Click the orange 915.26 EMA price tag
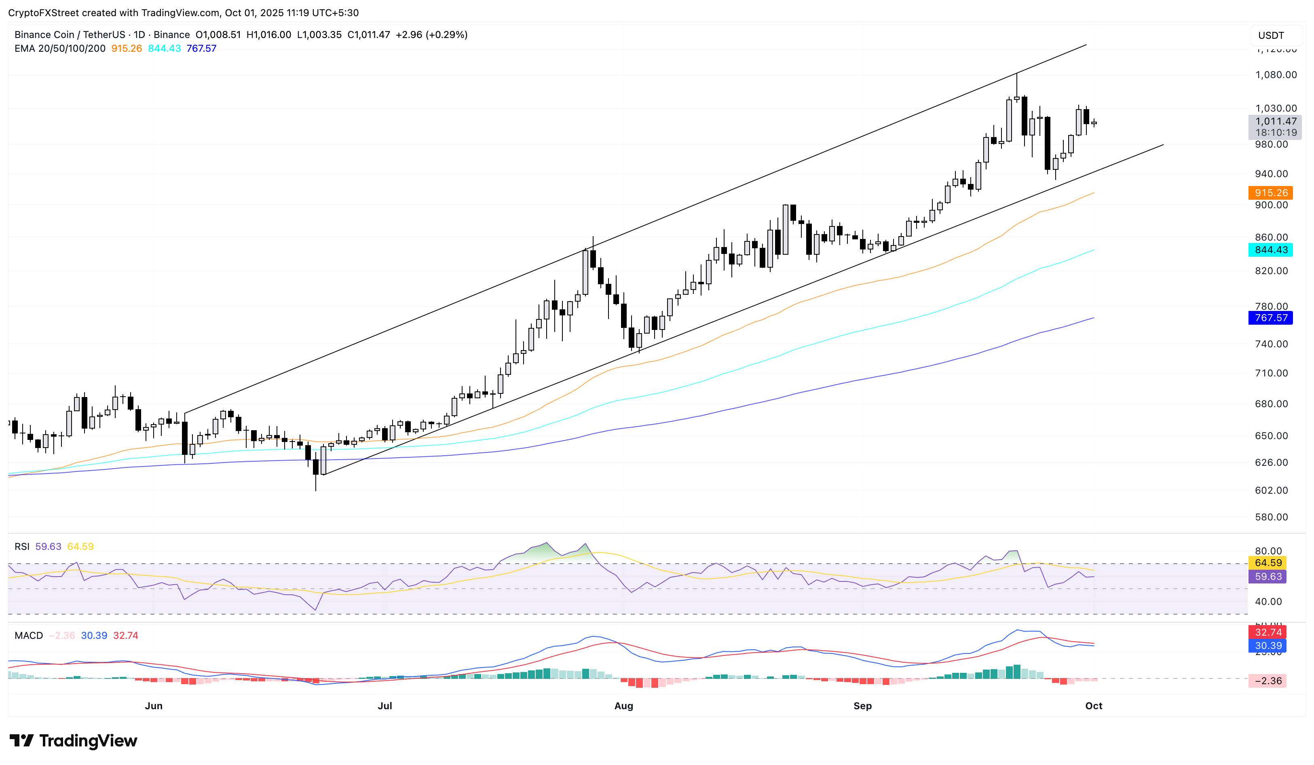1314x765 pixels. (x=1270, y=193)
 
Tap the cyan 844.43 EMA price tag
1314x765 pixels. (x=1270, y=250)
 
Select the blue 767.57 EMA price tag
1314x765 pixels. (x=1270, y=317)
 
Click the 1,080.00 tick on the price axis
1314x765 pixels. (x=1276, y=74)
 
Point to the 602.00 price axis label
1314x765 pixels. (x=1271, y=490)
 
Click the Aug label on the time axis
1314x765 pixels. (x=623, y=706)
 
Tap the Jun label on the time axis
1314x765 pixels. (x=153, y=706)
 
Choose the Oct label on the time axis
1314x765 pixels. (x=1093, y=706)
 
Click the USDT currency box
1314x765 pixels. (x=1271, y=36)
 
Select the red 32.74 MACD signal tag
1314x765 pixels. (x=1268, y=632)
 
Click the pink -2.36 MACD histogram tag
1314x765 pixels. (x=1268, y=680)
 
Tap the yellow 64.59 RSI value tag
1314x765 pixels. (x=1268, y=563)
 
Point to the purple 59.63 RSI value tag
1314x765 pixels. (x=1268, y=576)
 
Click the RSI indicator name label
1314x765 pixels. (x=22, y=547)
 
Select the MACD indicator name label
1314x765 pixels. (x=29, y=635)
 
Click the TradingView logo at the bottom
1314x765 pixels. (x=74, y=740)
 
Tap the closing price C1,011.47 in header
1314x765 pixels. (x=369, y=34)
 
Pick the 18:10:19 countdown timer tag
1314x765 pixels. (x=1276, y=133)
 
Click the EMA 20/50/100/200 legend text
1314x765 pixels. (x=60, y=49)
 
